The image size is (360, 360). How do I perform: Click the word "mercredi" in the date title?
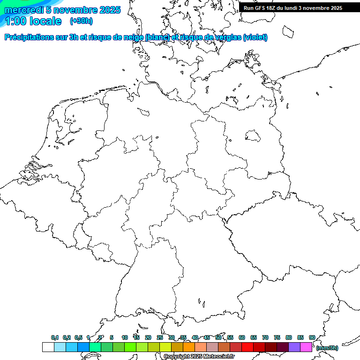pos(24,10)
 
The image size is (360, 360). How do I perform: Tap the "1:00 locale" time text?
pos(32,21)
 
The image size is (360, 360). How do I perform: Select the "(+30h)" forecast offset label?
pos(81,21)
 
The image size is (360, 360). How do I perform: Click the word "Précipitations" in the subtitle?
pos(32,37)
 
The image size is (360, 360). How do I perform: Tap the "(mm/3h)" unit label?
pos(327,348)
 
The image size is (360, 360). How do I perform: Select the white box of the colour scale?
pos(48,347)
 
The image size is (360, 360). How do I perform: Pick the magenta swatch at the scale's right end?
pos(306,347)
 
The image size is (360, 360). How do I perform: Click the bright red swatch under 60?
pos(247,347)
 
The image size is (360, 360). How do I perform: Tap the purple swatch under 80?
pos(294,347)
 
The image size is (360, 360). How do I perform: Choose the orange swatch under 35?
pos(189,347)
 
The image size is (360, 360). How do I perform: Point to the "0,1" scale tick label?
pos(55,338)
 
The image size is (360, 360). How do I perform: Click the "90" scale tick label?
pos(312,337)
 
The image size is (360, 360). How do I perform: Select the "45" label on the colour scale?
pos(207,337)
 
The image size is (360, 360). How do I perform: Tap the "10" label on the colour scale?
pos(125,337)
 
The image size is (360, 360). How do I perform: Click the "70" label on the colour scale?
pos(265,337)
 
